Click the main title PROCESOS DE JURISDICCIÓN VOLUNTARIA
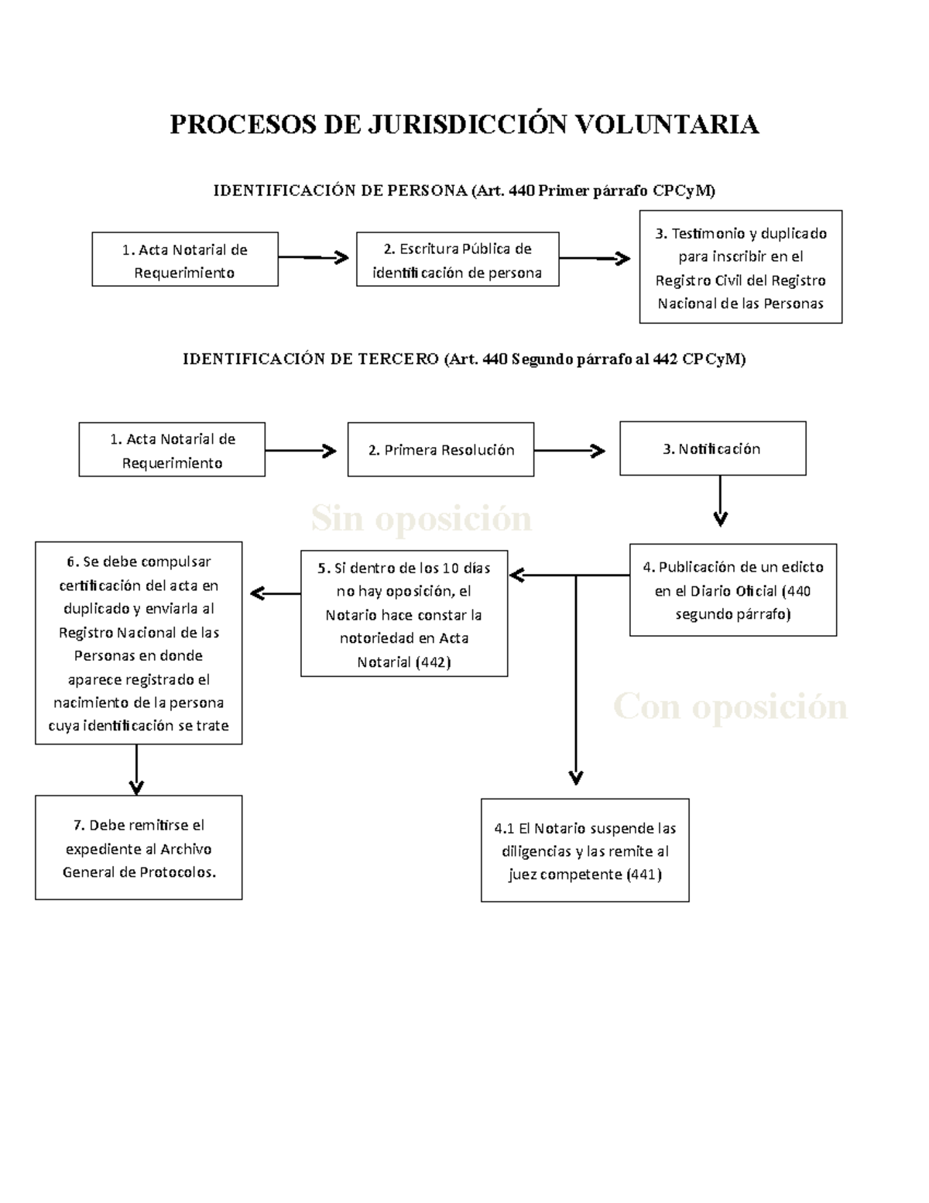pos(464,124)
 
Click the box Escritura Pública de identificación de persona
pos(458,260)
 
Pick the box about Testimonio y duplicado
pos(741,267)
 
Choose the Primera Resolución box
pos(441,450)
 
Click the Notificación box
pos(712,449)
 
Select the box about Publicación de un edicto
pos(733,590)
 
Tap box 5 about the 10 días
pos(404,614)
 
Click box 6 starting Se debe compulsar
pos(139,643)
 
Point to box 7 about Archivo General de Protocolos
pos(139,847)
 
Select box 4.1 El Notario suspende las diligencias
pos(584,851)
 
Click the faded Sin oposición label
pos(421,518)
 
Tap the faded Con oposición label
pos(730,706)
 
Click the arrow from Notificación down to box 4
pos(720,501)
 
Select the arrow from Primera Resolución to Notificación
pos(570,451)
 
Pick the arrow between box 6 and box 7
pos(136,770)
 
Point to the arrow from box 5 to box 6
pos(276,593)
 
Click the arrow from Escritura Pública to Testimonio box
pos(595,259)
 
